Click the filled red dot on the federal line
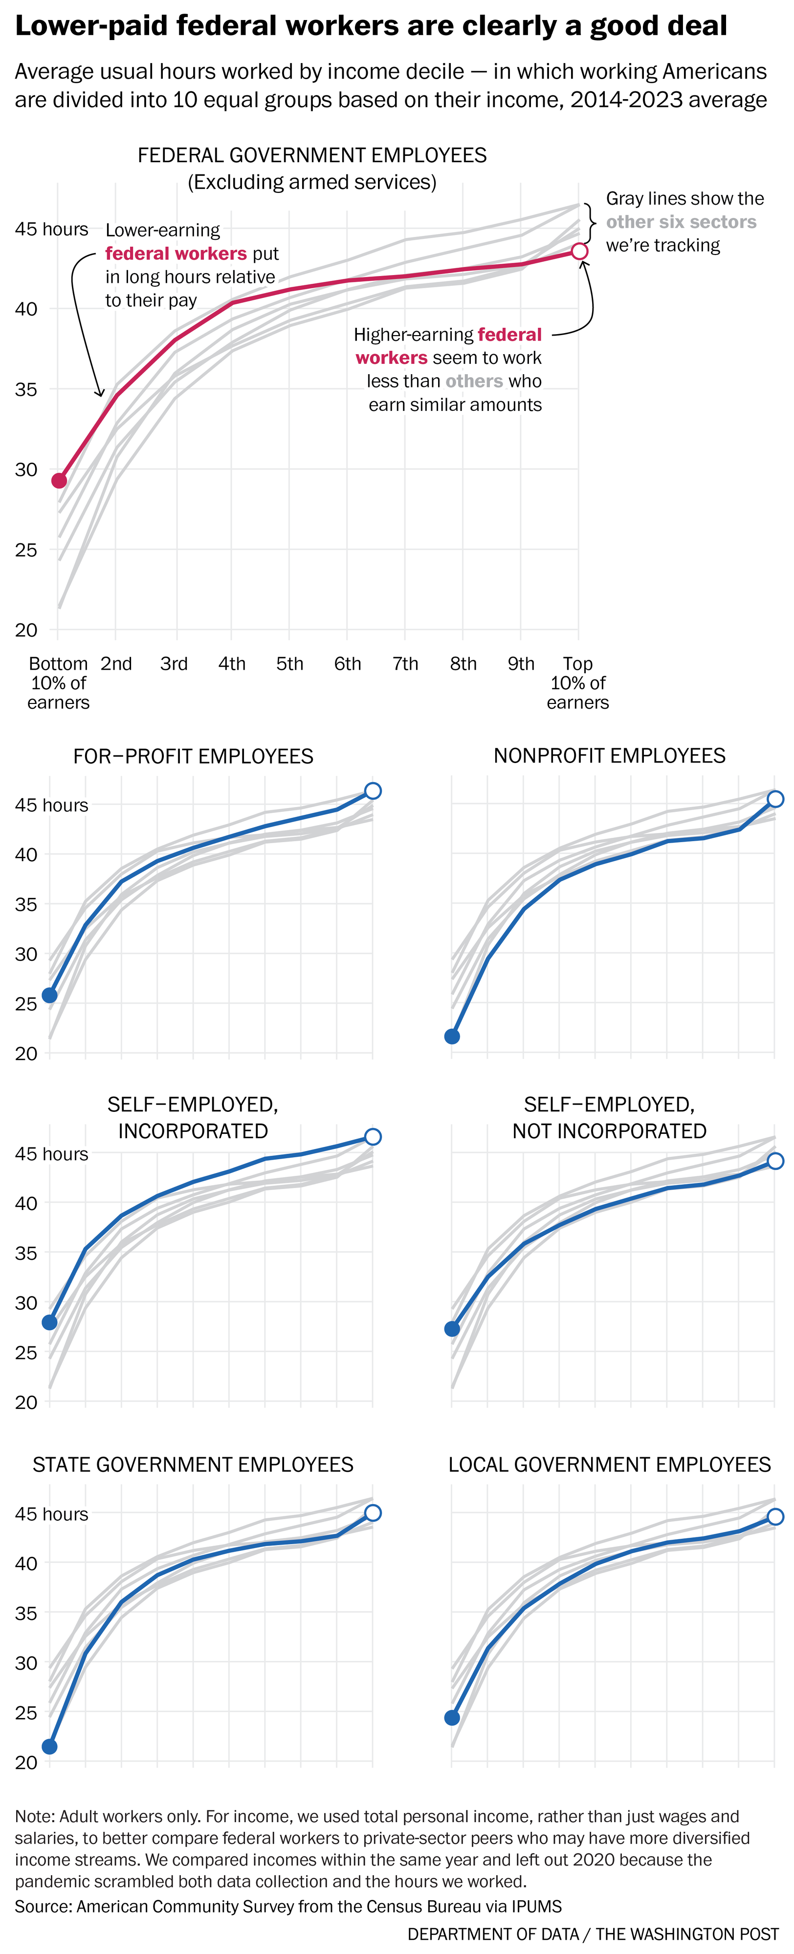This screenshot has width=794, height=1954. (x=59, y=480)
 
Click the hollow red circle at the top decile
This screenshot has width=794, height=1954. (x=579, y=251)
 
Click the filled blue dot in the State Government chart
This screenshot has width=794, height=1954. (x=49, y=1746)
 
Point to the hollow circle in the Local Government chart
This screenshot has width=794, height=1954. (x=775, y=1516)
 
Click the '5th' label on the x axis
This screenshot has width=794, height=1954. (x=289, y=664)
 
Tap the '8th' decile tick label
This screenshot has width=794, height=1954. (x=463, y=664)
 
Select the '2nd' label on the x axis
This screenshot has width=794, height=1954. (x=116, y=664)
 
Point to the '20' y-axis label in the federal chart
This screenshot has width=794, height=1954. (x=26, y=630)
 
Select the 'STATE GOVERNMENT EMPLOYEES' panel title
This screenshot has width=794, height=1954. (x=193, y=1464)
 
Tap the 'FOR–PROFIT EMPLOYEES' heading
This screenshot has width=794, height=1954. (x=193, y=756)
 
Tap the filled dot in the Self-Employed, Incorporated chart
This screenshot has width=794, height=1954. (x=49, y=1322)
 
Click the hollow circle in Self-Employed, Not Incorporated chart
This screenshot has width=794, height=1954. (x=775, y=1161)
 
